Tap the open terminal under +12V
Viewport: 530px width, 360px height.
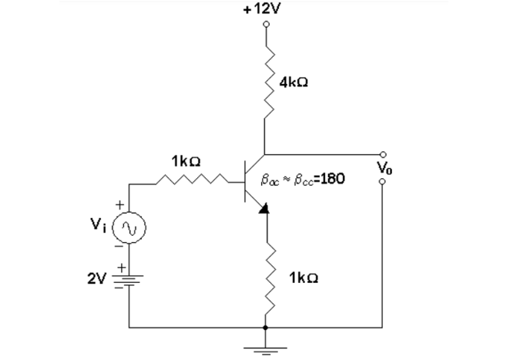tap(266, 24)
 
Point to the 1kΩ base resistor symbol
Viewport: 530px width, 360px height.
tap(190, 183)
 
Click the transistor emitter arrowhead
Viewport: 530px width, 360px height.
tap(263, 207)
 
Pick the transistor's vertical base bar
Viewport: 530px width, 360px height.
tap(244, 182)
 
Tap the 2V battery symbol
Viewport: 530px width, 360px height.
tap(129, 279)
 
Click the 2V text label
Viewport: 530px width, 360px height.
tap(99, 278)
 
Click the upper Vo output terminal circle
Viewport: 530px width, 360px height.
tap(383, 154)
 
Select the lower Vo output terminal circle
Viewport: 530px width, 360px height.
tap(383, 183)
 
